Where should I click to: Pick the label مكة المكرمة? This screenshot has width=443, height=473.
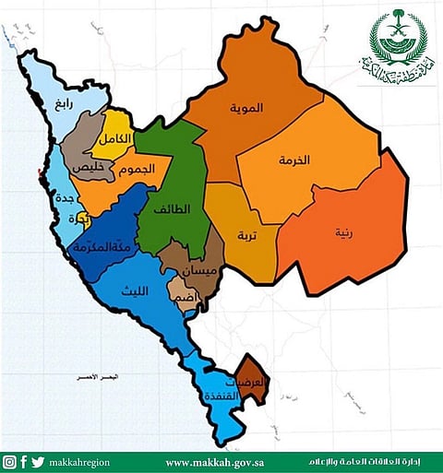(x=102, y=245)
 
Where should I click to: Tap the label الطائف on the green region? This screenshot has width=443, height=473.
(x=173, y=208)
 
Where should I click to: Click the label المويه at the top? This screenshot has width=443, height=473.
(x=246, y=107)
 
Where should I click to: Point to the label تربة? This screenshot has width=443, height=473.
(x=248, y=234)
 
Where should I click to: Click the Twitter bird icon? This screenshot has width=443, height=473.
(x=37, y=462)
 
